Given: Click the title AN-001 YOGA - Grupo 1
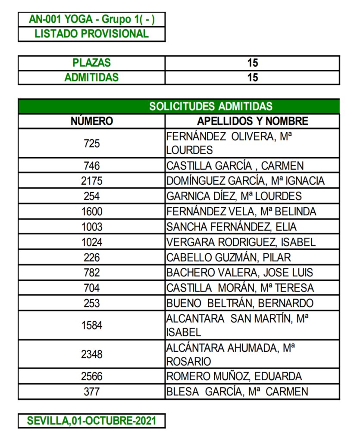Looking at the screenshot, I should pyautogui.click(x=91, y=19).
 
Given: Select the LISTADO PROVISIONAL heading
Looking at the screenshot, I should pyautogui.click(x=91, y=34).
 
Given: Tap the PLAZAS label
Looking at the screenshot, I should pyautogui.click(x=91, y=63).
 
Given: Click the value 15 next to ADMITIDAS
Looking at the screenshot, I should pyautogui.click(x=253, y=78).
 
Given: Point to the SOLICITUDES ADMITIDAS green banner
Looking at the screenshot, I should pyautogui.click(x=210, y=106).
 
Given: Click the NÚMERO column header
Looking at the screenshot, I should pyautogui.click(x=91, y=121).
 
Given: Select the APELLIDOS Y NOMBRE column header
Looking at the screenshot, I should pyautogui.click(x=253, y=121).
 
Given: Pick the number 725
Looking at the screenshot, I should pyautogui.click(x=91, y=143).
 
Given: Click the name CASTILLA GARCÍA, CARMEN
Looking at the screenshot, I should pyautogui.click(x=235, y=166).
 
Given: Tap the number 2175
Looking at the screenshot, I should pyautogui.click(x=91, y=181).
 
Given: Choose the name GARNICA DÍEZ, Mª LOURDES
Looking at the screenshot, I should pyautogui.click(x=234, y=196).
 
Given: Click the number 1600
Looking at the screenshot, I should pyautogui.click(x=91, y=211).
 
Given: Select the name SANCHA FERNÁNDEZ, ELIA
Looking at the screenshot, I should pyautogui.click(x=232, y=227).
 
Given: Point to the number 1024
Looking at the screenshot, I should pyautogui.click(x=91, y=242).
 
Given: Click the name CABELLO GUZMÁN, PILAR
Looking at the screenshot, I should pyautogui.click(x=229, y=258).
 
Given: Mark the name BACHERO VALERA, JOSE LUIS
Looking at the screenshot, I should pyautogui.click(x=240, y=273).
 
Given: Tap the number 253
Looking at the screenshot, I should pyautogui.click(x=91, y=303).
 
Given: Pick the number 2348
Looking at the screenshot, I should pyautogui.click(x=91, y=354).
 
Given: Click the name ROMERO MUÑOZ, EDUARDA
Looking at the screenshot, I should pyautogui.click(x=234, y=376).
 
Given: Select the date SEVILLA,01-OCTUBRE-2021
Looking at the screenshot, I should pyautogui.click(x=91, y=420).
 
